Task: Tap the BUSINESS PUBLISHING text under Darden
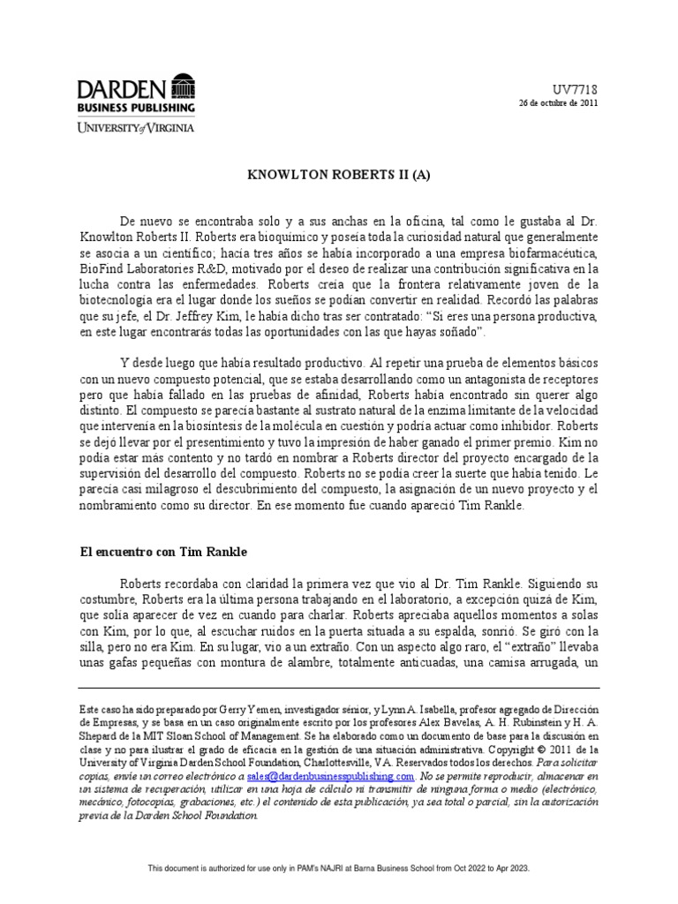coord(136,108)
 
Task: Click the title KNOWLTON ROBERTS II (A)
coord(338,176)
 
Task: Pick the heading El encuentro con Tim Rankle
coord(163,551)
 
